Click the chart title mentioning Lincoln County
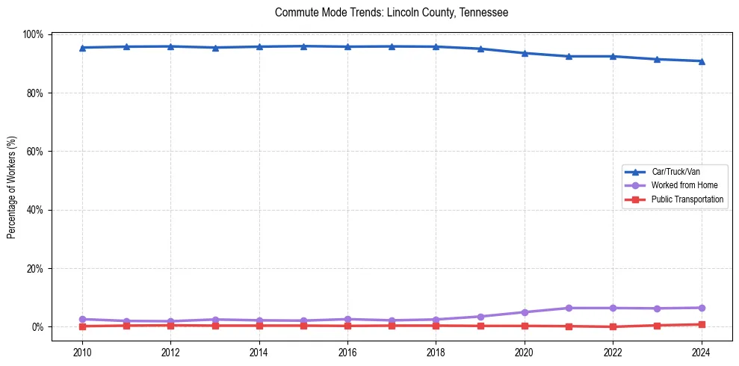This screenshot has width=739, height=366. click(x=392, y=13)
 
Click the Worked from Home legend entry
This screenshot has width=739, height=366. click(x=684, y=185)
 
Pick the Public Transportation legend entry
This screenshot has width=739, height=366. click(x=687, y=199)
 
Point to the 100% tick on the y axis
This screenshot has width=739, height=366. click(x=34, y=34)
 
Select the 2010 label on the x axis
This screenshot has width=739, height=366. click(x=82, y=352)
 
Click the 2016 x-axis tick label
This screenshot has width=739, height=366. click(x=347, y=352)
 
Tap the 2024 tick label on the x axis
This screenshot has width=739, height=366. click(x=701, y=352)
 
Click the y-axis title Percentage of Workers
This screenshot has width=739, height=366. click(x=12, y=183)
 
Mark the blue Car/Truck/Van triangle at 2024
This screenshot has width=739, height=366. click(x=701, y=61)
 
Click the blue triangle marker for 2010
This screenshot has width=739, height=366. click(x=82, y=48)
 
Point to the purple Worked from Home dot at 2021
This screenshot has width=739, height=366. click(x=569, y=308)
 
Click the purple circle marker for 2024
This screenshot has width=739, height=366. click(x=701, y=308)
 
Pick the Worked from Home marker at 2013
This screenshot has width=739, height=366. click(x=215, y=320)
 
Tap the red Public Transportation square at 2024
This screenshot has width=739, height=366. click(x=701, y=324)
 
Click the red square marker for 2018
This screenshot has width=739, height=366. click(x=436, y=326)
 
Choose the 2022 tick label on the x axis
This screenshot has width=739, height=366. click(x=613, y=352)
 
